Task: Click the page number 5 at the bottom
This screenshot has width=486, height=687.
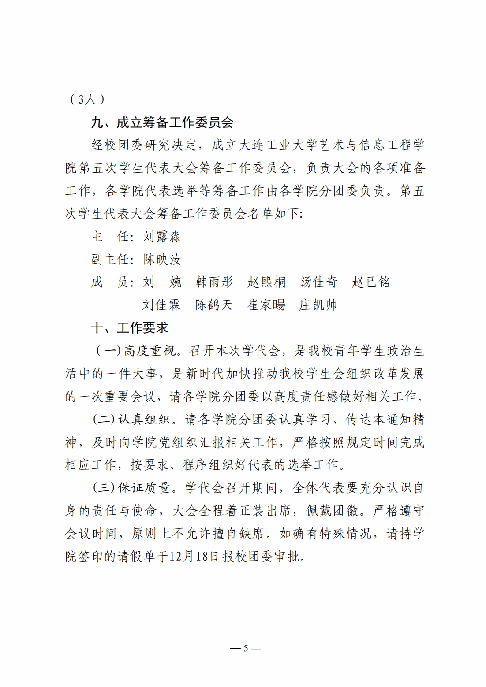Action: (x=246, y=648)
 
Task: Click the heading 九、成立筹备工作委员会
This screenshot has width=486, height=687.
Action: (x=162, y=123)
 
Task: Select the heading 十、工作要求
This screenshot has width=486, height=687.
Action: (x=130, y=328)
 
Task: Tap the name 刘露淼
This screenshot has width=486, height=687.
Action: (x=161, y=237)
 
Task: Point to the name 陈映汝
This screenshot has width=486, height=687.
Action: (x=162, y=260)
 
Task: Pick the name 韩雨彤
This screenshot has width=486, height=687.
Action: (x=214, y=282)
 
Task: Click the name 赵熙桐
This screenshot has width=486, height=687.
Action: (x=266, y=282)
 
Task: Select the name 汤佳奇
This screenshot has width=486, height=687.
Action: (x=318, y=282)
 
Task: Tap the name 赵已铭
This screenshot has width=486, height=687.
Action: (x=370, y=282)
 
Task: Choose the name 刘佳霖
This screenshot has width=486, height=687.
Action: (x=161, y=305)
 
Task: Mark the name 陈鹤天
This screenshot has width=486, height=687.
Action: (x=214, y=305)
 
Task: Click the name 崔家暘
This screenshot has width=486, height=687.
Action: (x=266, y=305)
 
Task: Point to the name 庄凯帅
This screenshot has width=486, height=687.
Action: (x=318, y=305)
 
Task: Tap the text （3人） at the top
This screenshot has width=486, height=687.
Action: (x=87, y=99)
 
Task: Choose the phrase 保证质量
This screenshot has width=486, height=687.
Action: (x=144, y=488)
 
